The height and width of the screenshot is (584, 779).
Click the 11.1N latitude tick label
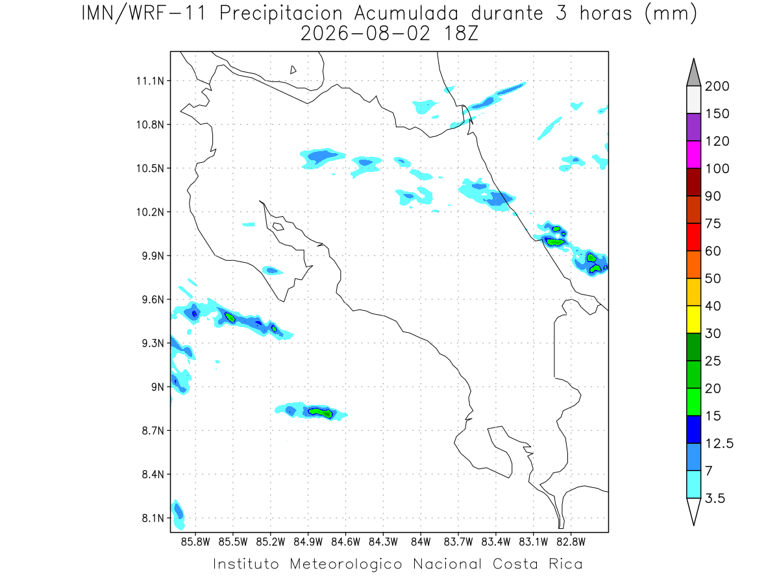click(150, 81)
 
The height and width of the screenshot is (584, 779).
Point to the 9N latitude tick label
click(158, 387)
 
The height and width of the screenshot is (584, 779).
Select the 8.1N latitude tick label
click(153, 518)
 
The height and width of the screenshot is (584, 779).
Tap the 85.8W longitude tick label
click(195, 542)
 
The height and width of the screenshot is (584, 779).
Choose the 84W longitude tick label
click(421, 542)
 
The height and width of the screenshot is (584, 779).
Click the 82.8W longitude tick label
click(571, 542)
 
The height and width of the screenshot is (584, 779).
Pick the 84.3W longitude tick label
click(383, 542)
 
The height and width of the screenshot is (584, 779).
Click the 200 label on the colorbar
click(717, 86)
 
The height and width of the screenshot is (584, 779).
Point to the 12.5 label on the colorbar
click(719, 443)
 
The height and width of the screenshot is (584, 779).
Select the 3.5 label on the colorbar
click(715, 498)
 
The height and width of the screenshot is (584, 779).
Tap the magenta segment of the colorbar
click(693, 154)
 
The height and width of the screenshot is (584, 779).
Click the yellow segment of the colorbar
click(693, 319)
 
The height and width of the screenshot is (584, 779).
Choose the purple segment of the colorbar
click(693, 127)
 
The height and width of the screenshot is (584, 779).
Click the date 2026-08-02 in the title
click(365, 34)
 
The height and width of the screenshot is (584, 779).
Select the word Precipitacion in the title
click(280, 14)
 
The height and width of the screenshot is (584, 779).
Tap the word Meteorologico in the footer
click(345, 564)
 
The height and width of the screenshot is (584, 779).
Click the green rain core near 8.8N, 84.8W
click(321, 413)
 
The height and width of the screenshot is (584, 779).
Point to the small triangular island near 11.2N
click(292, 70)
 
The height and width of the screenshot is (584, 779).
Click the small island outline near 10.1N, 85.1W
click(278, 226)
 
